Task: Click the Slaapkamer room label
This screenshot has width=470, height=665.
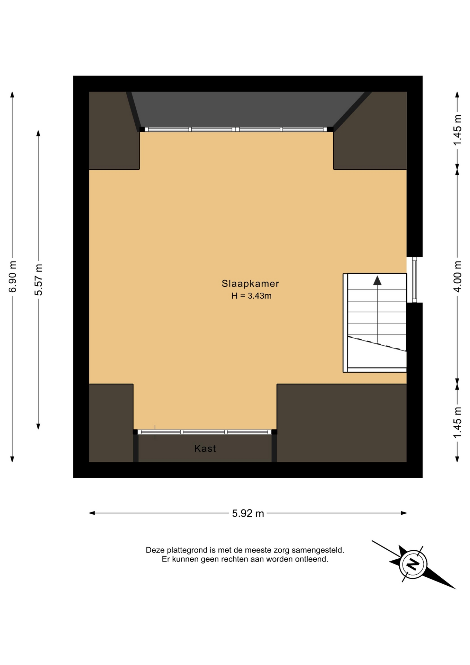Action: tap(250, 284)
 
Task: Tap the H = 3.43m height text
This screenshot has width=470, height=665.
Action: tap(252, 296)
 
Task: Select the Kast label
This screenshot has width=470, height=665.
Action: tap(205, 449)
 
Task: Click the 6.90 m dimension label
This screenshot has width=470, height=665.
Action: tap(13, 277)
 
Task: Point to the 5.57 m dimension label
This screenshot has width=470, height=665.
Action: tap(39, 280)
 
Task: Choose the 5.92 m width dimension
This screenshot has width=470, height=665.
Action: tap(248, 513)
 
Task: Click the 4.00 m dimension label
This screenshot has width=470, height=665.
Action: tap(458, 277)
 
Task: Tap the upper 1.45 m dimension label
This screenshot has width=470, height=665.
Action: tap(458, 130)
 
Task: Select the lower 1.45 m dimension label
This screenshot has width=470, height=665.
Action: tap(458, 423)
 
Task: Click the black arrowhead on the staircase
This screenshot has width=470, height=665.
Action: tap(377, 281)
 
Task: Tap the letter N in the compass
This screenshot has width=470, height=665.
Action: tap(413, 564)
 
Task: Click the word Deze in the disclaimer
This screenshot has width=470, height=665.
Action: tap(155, 550)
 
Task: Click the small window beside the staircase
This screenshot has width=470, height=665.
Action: tap(415, 280)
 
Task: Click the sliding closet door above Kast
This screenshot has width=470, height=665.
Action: tap(205, 432)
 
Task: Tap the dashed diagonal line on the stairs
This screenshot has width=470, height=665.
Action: tap(377, 344)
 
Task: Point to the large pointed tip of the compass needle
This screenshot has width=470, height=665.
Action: tap(455, 588)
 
